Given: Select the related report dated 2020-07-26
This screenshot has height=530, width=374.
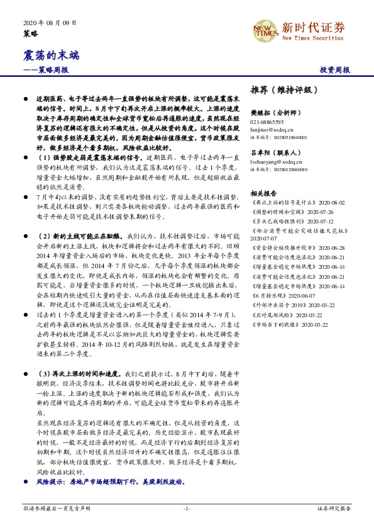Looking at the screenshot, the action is tap(290, 213).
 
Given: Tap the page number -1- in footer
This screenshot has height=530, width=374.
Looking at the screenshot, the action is tap(187, 508).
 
